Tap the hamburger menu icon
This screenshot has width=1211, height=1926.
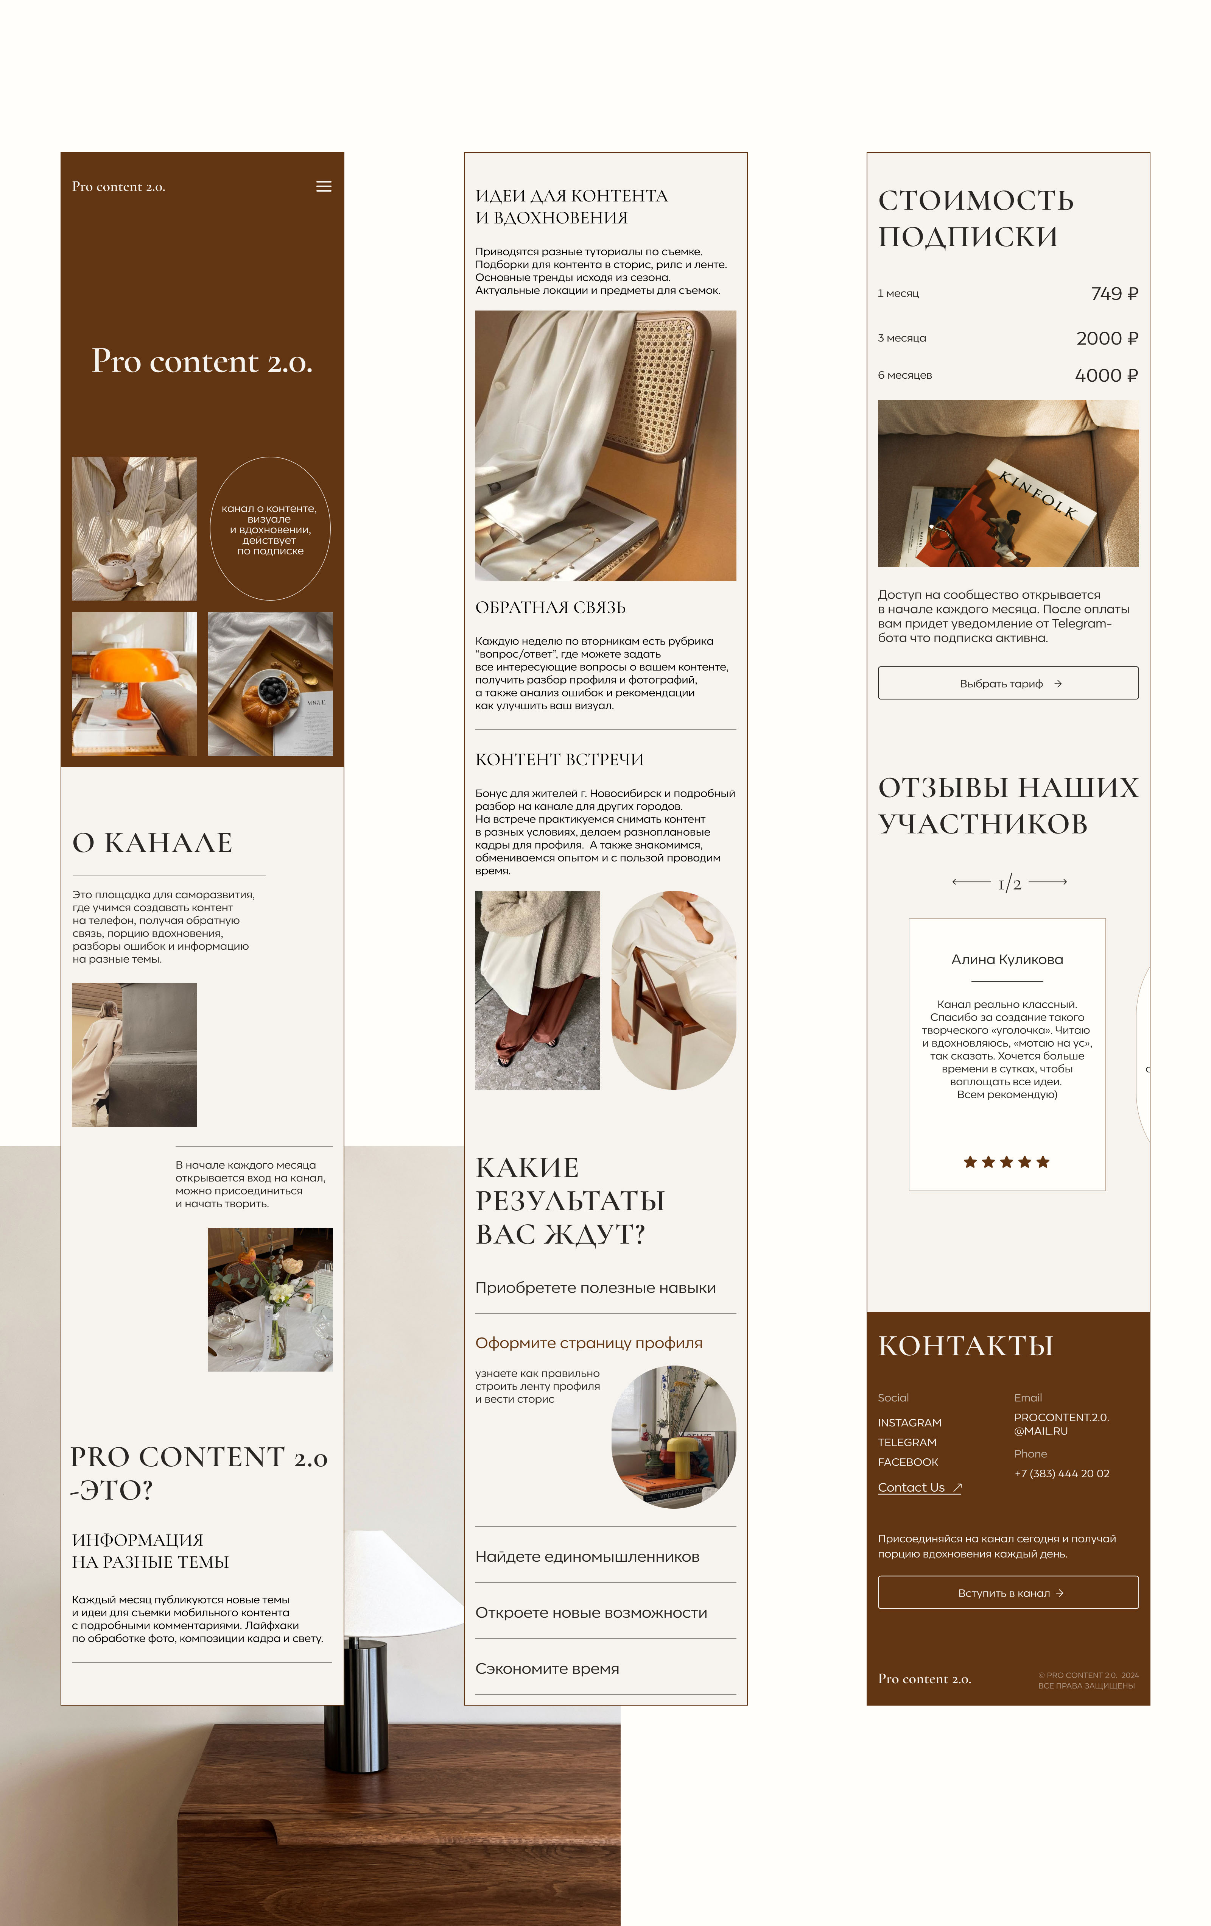[x=324, y=186]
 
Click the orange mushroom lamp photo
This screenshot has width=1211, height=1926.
[x=134, y=684]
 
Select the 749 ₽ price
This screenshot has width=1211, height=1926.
[x=1114, y=293]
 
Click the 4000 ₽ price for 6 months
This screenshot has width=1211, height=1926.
[x=1106, y=375]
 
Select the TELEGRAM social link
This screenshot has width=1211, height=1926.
[x=907, y=1442]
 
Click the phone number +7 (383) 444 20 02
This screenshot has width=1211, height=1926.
[x=1062, y=1473]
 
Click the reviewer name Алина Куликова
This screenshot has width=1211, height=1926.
[x=1007, y=959]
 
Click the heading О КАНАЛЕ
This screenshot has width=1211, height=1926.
[x=152, y=842]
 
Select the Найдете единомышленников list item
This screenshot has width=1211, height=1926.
[x=587, y=1556]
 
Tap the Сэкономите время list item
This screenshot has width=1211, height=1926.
[x=548, y=1668]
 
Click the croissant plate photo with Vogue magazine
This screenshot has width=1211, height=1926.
[x=270, y=684]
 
